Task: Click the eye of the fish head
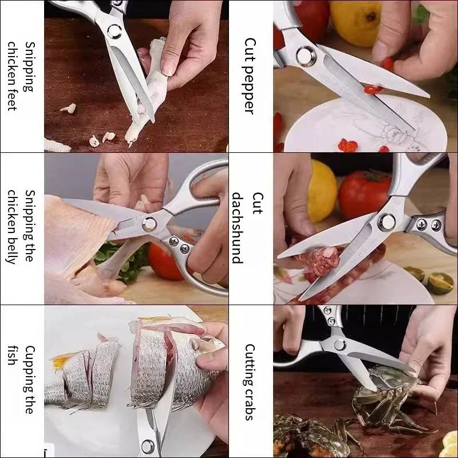coord(196,346)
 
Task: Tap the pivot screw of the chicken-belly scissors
coord(150,223)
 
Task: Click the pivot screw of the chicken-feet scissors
coord(113,31)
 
